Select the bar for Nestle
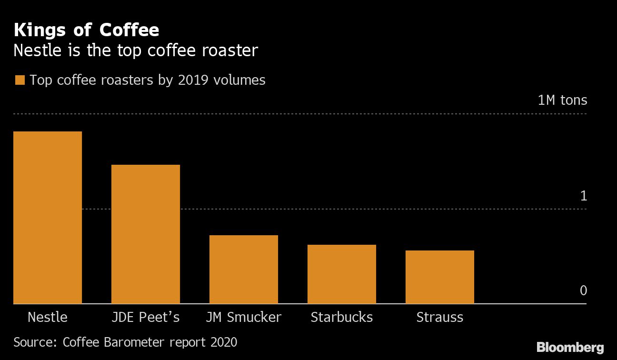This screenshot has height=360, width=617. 48,218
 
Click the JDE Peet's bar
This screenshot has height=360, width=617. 146,234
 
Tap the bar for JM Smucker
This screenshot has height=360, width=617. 244,270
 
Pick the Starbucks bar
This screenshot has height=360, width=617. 342,274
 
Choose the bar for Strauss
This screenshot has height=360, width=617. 440,277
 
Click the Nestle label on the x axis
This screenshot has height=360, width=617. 48,317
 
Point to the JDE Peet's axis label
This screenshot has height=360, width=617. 146,317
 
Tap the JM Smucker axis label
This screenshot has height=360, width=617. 244,317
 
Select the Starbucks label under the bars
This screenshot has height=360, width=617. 342,317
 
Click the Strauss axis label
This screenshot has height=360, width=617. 440,317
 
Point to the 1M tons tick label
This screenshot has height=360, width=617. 562,100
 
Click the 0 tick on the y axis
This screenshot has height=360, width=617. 583,290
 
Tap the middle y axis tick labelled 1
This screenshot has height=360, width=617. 583,196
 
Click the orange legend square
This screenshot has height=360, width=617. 20,80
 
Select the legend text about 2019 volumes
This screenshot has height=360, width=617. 148,80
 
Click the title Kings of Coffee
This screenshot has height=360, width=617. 87,30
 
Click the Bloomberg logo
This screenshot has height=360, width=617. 570,348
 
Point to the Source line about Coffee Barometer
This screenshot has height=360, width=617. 125,342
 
